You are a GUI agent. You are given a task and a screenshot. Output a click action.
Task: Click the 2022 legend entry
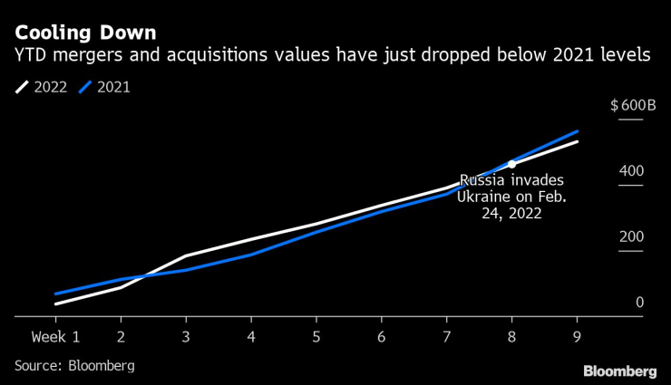(x=42, y=89)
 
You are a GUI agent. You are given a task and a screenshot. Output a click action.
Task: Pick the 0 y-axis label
(x=639, y=303)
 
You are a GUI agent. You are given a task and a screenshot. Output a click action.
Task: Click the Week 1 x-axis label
(x=55, y=337)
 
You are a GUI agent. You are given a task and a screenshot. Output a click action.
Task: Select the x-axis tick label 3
(x=186, y=337)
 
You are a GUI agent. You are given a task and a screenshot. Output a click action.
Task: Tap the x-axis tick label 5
(x=316, y=337)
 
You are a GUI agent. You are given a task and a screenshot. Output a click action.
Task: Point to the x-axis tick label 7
(x=447, y=337)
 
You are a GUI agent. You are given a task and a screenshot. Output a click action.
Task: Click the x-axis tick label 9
(x=578, y=337)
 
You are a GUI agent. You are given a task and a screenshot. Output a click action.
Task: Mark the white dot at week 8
(x=512, y=164)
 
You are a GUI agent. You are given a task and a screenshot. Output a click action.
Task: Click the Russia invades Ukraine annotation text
(x=512, y=197)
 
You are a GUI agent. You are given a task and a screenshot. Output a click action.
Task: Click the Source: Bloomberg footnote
(x=74, y=366)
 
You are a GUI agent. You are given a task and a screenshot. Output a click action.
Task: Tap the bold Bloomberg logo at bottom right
(x=619, y=371)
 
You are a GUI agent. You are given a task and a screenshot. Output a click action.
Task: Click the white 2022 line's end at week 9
(x=578, y=142)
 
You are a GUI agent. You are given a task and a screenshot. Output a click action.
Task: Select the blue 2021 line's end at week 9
(x=578, y=131)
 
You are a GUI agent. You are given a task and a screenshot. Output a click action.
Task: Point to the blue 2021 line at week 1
(x=55, y=294)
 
